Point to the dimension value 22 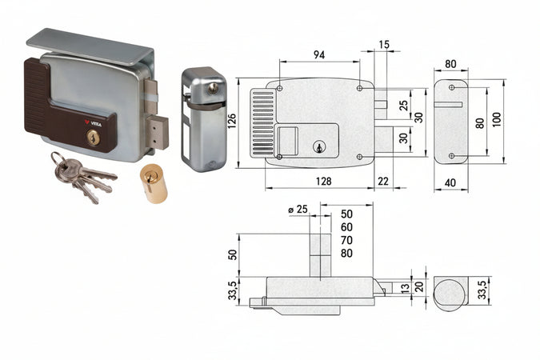pyautogui.click(x=383, y=182)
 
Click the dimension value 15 pyautogui.click(x=386, y=45)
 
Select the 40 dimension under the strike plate pyautogui.click(x=451, y=182)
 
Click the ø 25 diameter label pyautogui.click(x=298, y=210)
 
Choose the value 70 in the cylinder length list pyautogui.click(x=346, y=239)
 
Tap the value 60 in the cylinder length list pyautogui.click(x=346, y=227)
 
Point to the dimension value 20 pyautogui.click(x=420, y=287)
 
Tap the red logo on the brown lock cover pyautogui.click(x=88, y=122)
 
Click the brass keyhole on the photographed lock pyautogui.click(x=93, y=139)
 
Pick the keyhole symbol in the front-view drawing pyautogui.click(x=318, y=147)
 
